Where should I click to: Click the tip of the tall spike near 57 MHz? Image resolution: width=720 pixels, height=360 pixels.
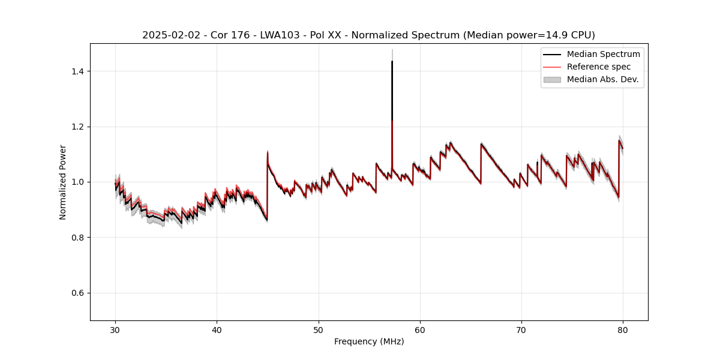tap(392, 61)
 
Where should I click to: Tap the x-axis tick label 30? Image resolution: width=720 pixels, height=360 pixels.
tap(115, 330)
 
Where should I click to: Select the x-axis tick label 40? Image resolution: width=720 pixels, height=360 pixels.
tap(217, 330)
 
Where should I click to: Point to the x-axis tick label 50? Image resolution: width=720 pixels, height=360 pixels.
tap(318, 330)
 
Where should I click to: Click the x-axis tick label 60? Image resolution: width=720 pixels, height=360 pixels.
tap(420, 330)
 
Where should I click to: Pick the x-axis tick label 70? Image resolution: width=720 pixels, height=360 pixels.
tap(521, 330)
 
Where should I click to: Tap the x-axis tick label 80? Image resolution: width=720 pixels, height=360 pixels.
tap(623, 330)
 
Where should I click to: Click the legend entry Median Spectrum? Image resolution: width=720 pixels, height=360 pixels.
tap(603, 54)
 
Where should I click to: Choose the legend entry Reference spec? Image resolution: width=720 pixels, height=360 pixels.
tap(599, 67)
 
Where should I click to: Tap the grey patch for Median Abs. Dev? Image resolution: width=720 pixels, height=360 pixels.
tap(552, 79)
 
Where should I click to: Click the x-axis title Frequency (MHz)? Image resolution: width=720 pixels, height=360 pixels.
tap(369, 341)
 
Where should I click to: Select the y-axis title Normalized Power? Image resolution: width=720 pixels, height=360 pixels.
tap(63, 182)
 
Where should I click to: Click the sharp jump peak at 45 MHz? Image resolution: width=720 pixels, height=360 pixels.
tap(268, 152)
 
